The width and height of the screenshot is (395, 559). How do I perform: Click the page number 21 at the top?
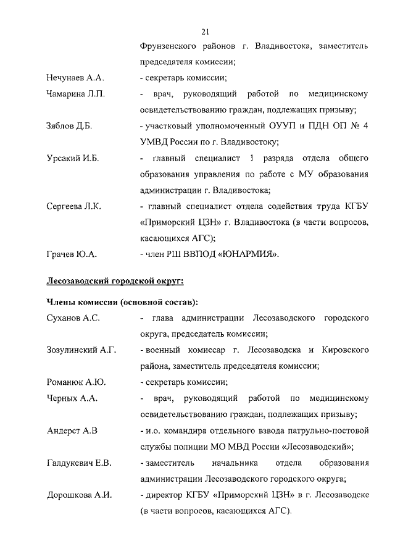click(x=206, y=32)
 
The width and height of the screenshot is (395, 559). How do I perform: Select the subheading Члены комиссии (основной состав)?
click(x=123, y=302)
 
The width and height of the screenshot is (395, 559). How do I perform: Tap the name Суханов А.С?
click(x=73, y=318)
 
